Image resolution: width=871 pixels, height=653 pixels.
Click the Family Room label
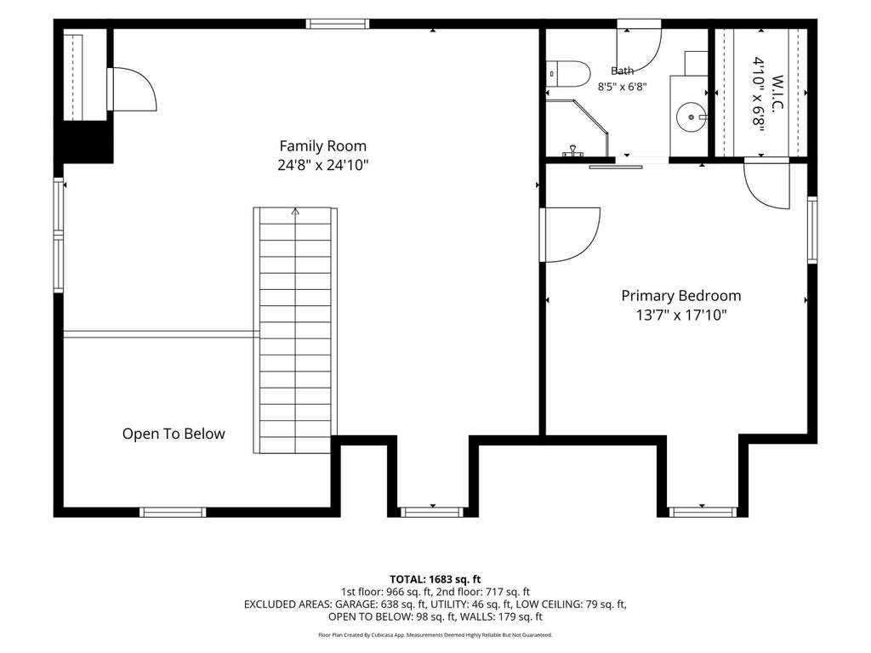tap(322, 146)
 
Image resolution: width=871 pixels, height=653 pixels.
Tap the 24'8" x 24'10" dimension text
tap(322, 165)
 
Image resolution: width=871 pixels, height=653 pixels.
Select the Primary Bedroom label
tap(681, 296)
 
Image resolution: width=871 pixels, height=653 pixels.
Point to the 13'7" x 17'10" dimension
tap(681, 315)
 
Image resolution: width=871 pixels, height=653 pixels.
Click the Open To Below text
tap(174, 434)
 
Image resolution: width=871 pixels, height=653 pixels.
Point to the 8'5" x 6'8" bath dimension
tap(622, 87)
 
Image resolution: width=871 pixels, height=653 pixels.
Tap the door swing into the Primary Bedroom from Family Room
tap(570, 235)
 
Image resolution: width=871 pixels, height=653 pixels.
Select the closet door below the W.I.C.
tap(766, 184)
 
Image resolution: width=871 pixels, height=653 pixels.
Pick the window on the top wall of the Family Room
tap(337, 24)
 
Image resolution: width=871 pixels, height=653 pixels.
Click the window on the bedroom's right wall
tap(812, 230)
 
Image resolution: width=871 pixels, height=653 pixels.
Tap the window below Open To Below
tap(173, 512)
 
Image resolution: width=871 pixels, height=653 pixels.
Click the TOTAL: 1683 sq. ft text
tap(435, 580)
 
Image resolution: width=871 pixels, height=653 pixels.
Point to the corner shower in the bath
tap(578, 128)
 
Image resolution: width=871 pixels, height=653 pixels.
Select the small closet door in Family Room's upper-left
tap(132, 89)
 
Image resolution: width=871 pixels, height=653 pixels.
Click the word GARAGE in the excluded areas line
tap(356, 605)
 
